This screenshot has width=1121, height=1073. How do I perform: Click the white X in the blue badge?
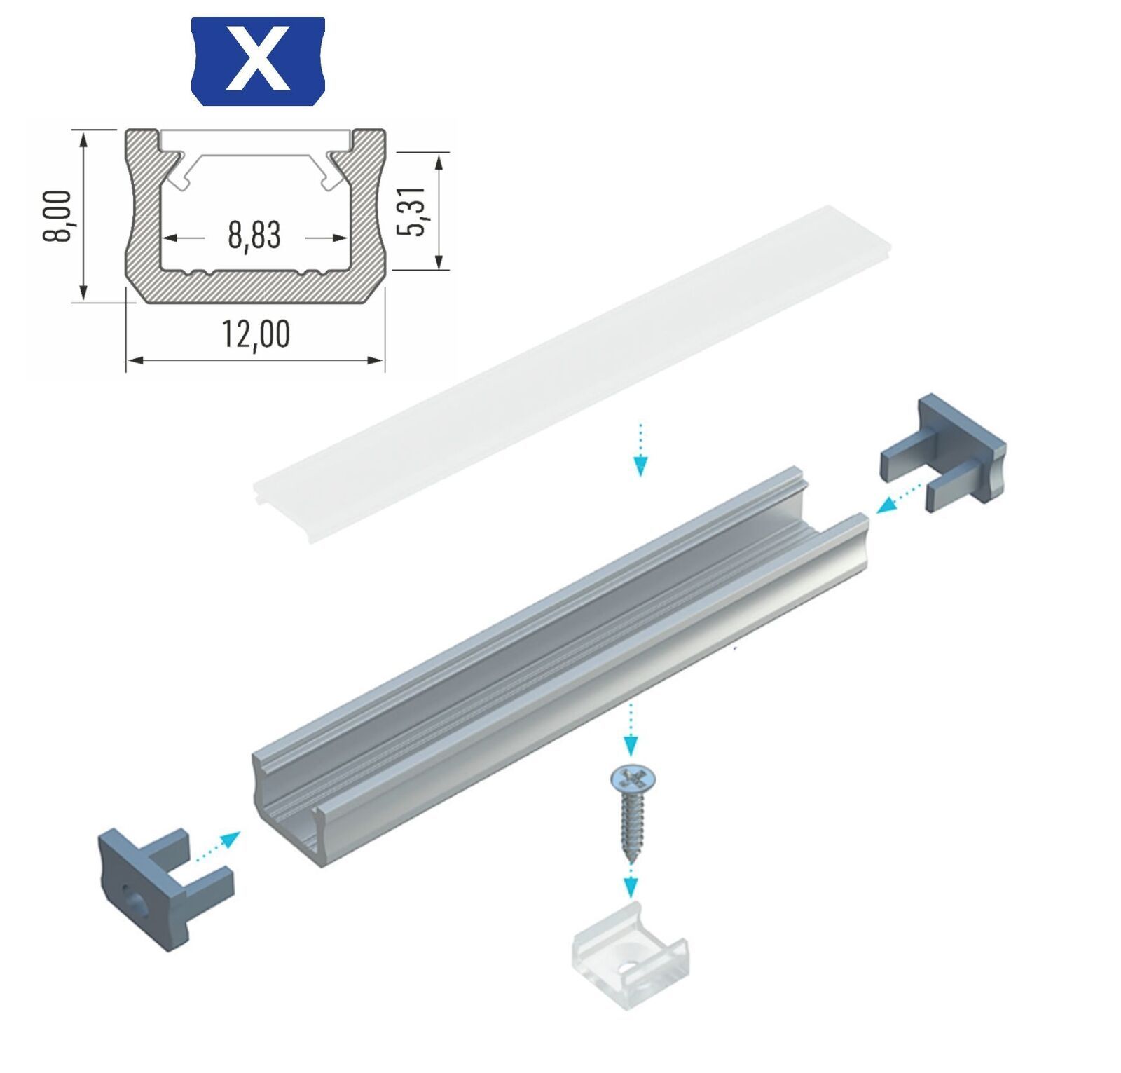[x=259, y=59]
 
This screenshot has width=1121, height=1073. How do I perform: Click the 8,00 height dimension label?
[x=57, y=216]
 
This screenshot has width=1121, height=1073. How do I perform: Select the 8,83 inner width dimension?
[x=254, y=236]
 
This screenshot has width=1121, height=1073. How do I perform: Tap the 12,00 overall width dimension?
[x=256, y=334]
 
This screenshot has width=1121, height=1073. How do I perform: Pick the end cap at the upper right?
[x=943, y=452]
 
